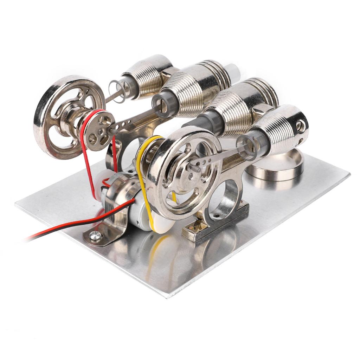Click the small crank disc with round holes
[x=98, y=130]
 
